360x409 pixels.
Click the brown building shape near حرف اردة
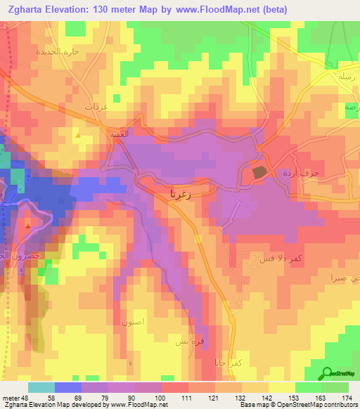point(259,171)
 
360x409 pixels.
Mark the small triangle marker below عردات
point(78,134)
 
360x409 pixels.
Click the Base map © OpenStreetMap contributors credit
point(297,405)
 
